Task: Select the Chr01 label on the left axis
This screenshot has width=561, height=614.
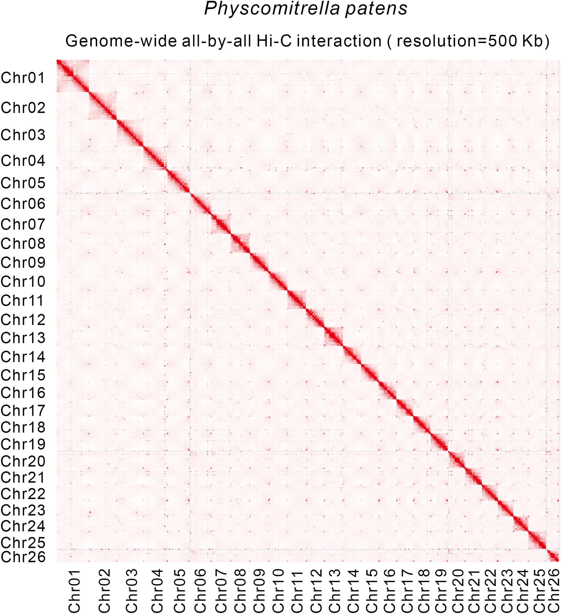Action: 23,78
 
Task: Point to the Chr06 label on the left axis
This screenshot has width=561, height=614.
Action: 23,204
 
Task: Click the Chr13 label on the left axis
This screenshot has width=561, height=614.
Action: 23,337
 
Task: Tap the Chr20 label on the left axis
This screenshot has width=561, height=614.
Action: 23,461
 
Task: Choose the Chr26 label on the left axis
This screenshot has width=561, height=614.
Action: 23,557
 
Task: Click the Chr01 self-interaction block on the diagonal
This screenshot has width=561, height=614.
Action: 72,76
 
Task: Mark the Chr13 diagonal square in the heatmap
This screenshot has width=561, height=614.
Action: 334,337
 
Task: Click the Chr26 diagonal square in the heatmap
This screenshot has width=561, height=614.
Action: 553,556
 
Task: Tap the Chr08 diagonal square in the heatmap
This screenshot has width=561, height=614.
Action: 240,243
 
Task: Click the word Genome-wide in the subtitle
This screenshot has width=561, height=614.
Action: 121,41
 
